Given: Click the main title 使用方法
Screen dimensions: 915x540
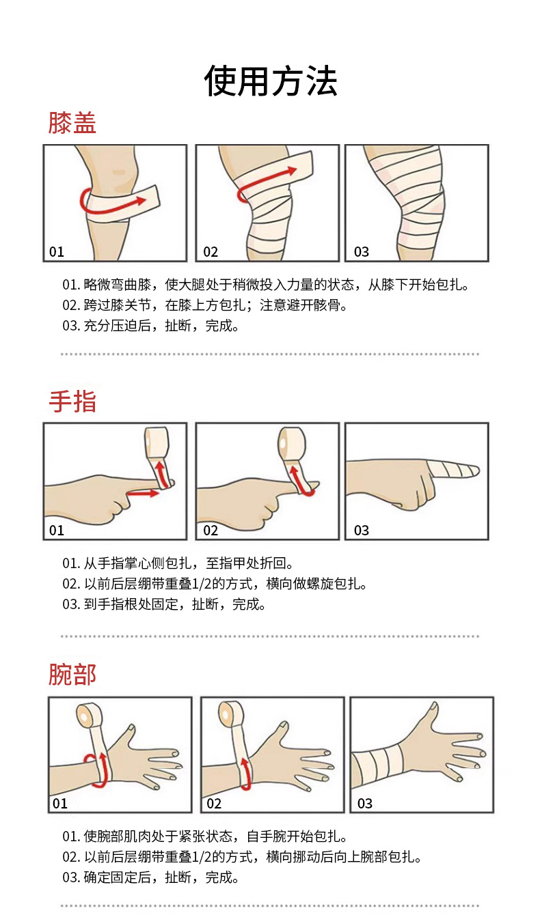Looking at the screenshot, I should (270, 82).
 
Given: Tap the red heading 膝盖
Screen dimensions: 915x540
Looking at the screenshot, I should (72, 123).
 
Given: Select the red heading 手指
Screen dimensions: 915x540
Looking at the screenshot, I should (72, 401).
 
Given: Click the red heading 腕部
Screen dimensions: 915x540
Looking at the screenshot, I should (72, 674).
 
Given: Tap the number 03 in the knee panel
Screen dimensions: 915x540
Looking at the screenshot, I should (361, 252).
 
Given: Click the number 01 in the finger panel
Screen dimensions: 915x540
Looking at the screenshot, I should (56, 531).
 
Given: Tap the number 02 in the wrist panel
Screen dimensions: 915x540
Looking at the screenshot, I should (214, 804).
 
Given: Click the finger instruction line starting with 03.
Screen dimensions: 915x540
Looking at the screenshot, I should (164, 604).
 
